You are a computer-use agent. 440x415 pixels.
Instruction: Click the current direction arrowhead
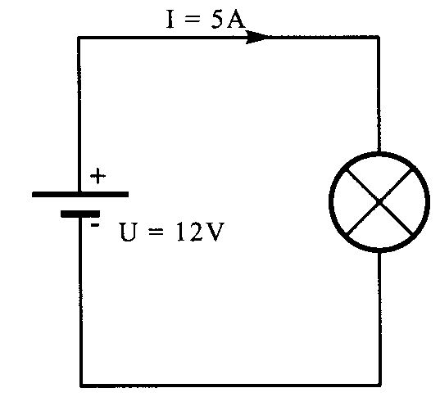[256, 37]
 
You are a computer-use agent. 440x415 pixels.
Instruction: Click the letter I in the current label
[170, 19]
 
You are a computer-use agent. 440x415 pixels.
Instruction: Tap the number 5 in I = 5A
[217, 20]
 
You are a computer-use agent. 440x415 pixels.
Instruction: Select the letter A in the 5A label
[236, 19]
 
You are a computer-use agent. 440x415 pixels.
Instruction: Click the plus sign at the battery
[98, 176]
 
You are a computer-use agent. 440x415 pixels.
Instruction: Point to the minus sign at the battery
[94, 224]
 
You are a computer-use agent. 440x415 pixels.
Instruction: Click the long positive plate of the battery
[80, 194]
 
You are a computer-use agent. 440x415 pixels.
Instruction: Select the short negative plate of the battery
[80, 214]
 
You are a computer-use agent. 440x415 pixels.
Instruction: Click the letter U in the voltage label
[129, 232]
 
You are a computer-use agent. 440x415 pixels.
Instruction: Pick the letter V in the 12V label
[214, 232]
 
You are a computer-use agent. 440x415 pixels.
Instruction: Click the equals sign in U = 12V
[156, 232]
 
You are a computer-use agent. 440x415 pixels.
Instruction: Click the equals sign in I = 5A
[193, 20]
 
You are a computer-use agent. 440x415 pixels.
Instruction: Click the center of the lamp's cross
[379, 202]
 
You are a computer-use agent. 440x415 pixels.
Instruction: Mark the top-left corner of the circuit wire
[79, 37]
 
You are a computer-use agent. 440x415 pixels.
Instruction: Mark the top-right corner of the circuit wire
[379, 37]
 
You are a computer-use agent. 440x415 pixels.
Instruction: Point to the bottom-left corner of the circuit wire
[81, 386]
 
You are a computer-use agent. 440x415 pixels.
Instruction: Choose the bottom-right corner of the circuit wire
[380, 385]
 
